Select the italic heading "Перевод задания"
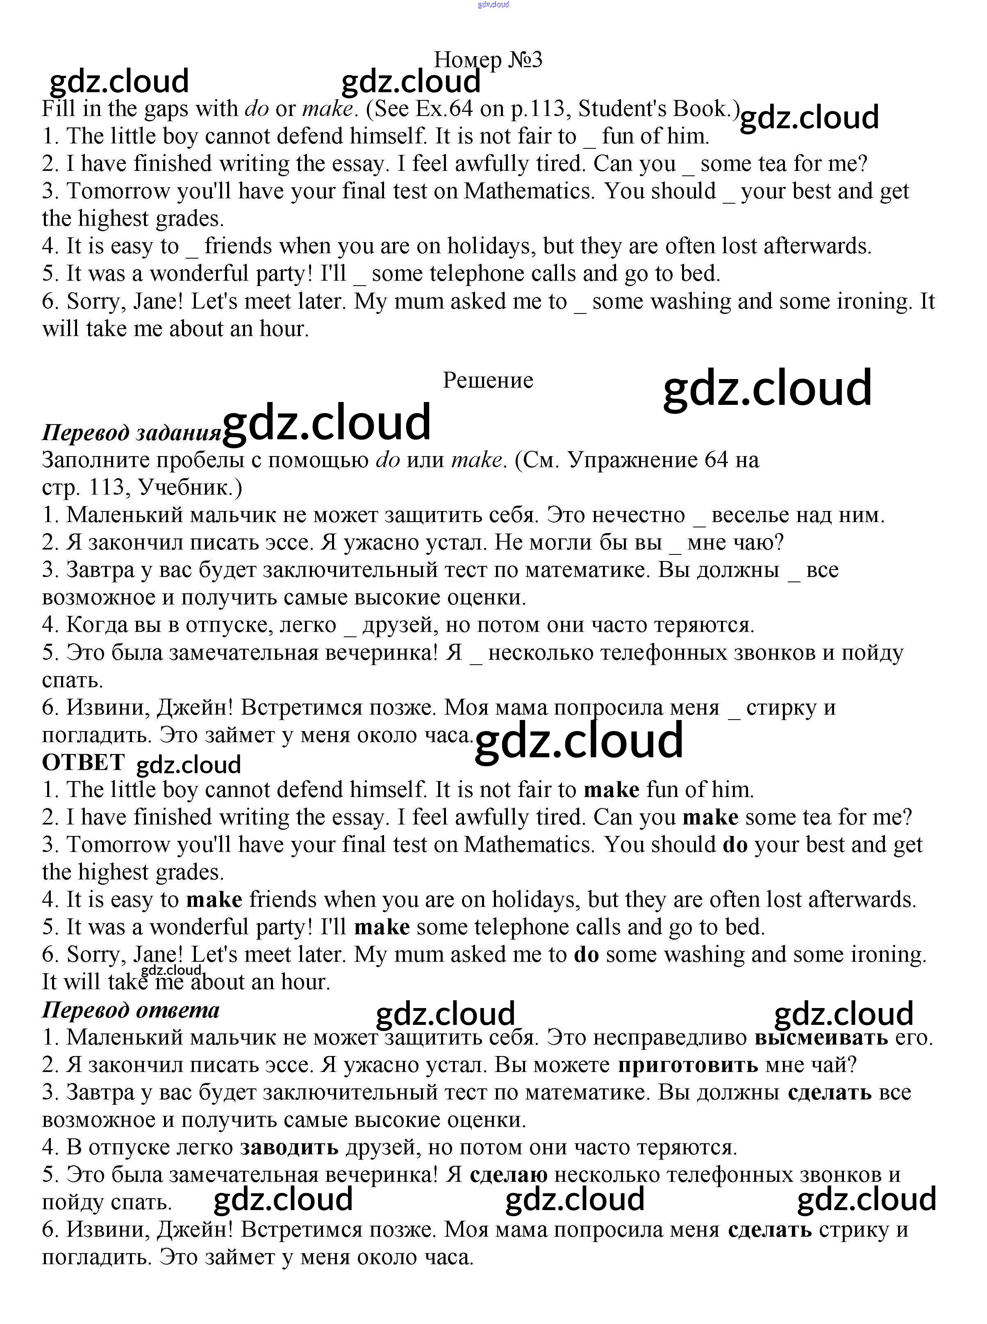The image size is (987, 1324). point(132,432)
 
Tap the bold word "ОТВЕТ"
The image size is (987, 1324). point(83,762)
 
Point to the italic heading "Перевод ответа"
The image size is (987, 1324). point(131,1009)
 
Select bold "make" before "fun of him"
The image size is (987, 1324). point(611,790)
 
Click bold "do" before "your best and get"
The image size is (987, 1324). point(735,845)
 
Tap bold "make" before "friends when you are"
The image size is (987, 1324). point(214,899)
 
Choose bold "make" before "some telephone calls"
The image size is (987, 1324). point(382,927)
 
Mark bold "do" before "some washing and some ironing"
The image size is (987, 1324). point(586,954)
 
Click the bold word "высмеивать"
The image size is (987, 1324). point(821,1037)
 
